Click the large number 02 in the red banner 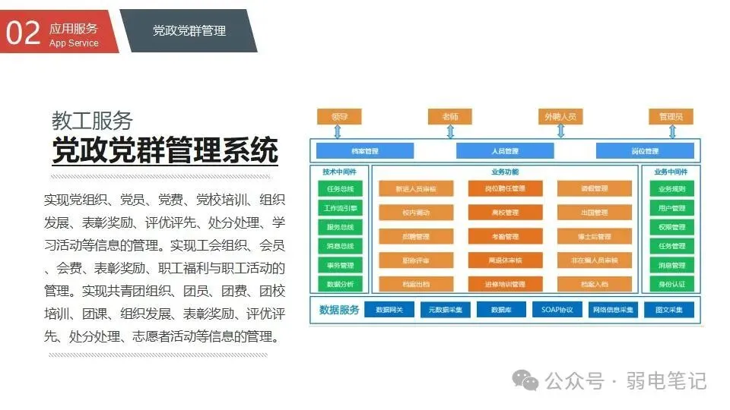point(23,33)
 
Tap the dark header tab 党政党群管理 point(189,30)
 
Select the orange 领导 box point(339,117)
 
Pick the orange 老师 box point(449,117)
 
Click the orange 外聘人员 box point(560,117)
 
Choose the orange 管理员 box point(671,117)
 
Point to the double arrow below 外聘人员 point(561,131)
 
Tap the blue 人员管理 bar point(505,151)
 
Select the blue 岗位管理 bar point(645,151)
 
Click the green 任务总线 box point(340,188)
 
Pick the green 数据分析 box point(340,284)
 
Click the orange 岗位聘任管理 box point(505,188)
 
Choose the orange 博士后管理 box point(594,237)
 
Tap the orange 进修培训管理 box point(505,285)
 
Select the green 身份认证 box point(671,284)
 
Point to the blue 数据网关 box point(389,310)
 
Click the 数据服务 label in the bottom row point(339,310)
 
